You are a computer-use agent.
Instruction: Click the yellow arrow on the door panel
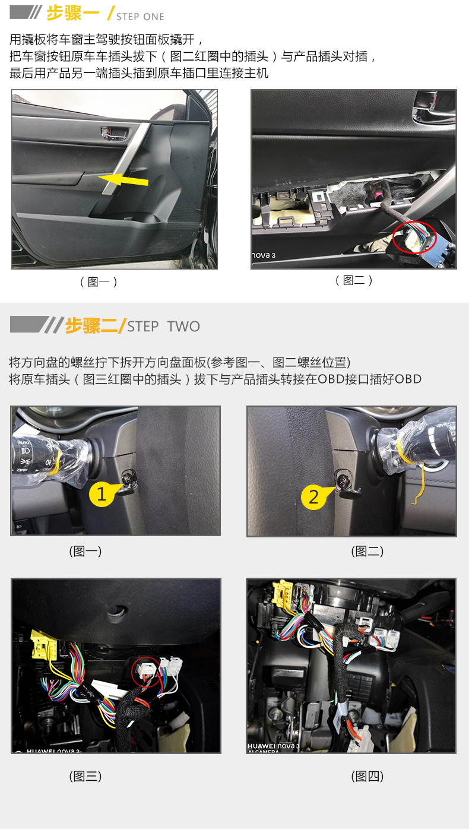(x=123, y=180)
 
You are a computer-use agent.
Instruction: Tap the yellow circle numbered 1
(x=102, y=494)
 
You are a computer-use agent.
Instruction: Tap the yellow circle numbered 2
(x=313, y=497)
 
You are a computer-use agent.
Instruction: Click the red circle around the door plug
(x=414, y=238)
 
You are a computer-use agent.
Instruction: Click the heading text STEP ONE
(x=140, y=17)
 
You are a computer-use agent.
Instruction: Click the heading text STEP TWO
(x=164, y=326)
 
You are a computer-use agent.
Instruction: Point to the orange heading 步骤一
(x=72, y=14)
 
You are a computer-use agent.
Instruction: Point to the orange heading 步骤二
(x=91, y=325)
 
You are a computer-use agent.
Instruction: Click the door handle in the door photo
(x=114, y=133)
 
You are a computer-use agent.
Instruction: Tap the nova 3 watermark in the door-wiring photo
(x=264, y=255)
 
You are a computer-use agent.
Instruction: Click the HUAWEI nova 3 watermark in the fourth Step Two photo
(x=274, y=746)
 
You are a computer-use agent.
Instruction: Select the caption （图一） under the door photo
(x=99, y=281)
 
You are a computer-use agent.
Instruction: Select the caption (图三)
(x=85, y=776)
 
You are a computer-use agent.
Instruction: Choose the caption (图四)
(x=367, y=776)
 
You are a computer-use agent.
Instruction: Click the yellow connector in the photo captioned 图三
(x=44, y=644)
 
